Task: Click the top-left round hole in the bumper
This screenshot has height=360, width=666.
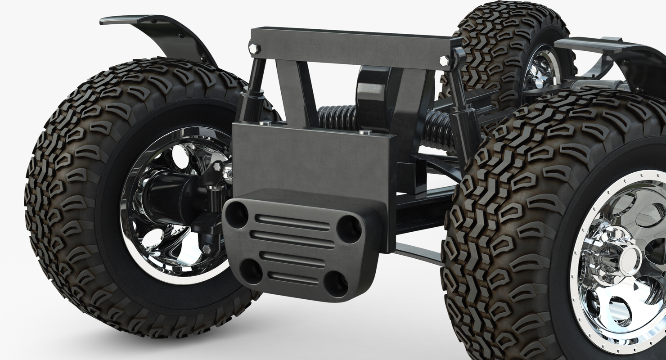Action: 237,214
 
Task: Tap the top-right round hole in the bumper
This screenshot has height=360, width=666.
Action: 349,229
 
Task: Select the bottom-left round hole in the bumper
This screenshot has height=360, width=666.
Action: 251,271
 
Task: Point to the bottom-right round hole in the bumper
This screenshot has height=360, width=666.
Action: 336,284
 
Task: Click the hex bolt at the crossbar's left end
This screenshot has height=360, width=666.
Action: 254,48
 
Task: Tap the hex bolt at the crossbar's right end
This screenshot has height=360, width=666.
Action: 445,61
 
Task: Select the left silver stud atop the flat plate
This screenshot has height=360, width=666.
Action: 265,122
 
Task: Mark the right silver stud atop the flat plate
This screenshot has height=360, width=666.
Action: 365,132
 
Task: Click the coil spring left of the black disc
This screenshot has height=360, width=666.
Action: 337,118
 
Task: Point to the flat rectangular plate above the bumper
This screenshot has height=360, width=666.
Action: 310,157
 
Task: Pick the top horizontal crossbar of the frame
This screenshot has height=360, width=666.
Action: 351,47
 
